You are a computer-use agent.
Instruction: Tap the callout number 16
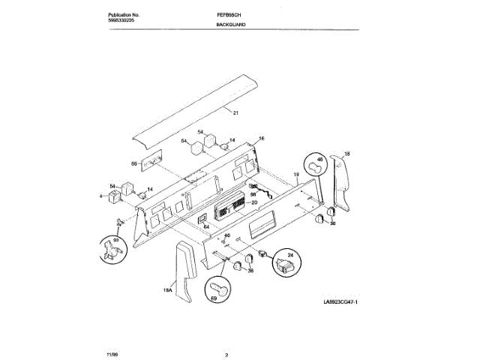coord(262,139)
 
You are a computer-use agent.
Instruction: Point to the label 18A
coord(169,289)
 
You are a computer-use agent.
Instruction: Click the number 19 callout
coord(295,175)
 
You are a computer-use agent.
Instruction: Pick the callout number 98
coord(253,194)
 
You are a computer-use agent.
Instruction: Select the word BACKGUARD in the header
coord(232,25)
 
